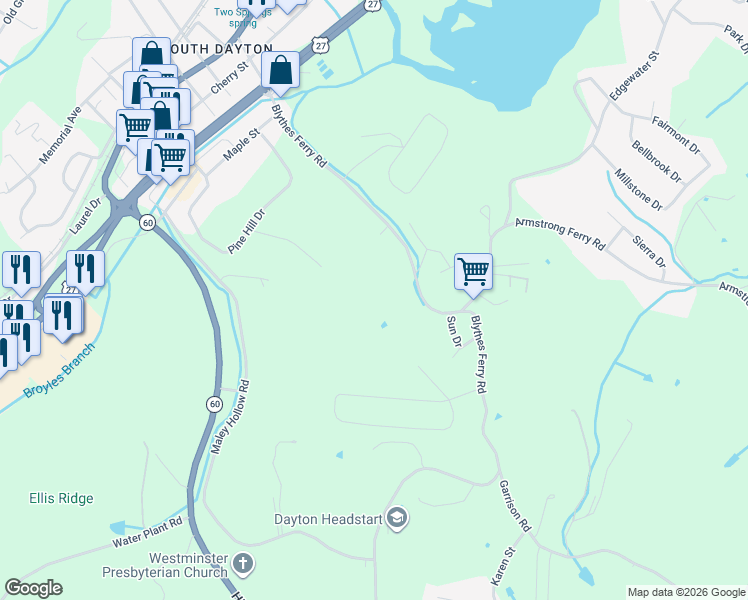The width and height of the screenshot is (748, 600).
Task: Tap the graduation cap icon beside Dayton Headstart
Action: [397, 517]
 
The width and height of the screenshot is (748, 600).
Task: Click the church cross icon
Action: [243, 564]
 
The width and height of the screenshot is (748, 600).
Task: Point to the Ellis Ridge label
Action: [61, 498]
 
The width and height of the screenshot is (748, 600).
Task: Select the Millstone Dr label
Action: [638, 189]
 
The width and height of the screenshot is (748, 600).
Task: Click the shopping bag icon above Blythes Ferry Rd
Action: [281, 69]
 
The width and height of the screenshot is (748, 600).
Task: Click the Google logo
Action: [33, 588]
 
